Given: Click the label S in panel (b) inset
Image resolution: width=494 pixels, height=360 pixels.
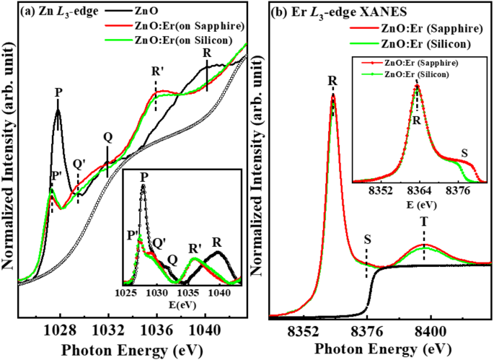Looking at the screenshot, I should (464, 154).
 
